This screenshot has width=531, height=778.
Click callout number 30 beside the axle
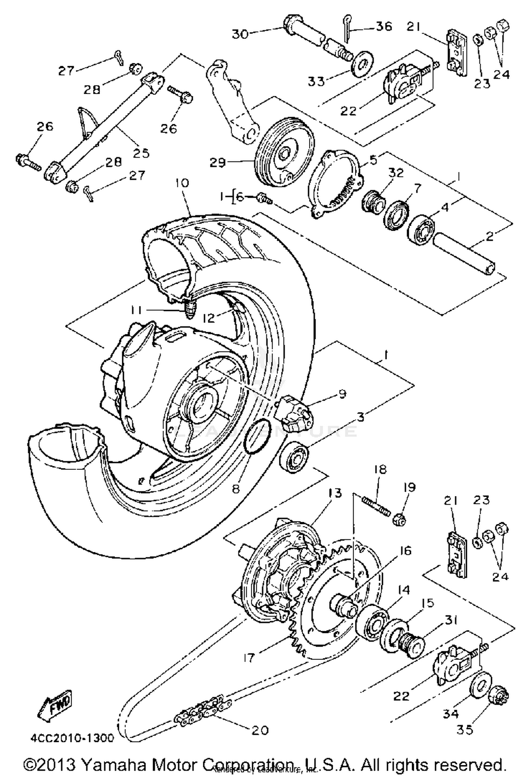pos(241,34)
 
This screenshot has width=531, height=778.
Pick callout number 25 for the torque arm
pos(141,153)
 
